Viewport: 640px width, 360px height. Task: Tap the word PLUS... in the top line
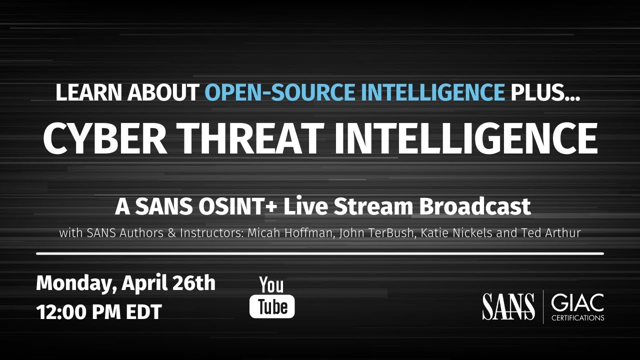click(544, 93)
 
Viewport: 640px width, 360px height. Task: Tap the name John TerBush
click(369, 233)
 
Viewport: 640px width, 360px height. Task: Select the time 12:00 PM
click(78, 312)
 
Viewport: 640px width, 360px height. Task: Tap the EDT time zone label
click(143, 312)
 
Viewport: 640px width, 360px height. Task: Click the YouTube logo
click(272, 297)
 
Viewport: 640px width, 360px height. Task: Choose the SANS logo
click(508, 306)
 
